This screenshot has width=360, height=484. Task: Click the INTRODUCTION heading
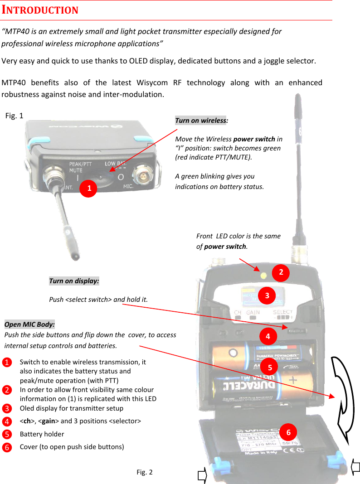[x=40, y=10]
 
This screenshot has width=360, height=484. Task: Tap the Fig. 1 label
[x=15, y=116]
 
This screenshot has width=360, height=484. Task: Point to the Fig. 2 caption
[x=145, y=472]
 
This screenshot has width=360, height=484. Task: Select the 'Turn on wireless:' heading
[x=201, y=121]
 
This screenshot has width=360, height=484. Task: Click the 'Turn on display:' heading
[x=74, y=281]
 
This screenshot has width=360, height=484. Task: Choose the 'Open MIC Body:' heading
[x=29, y=324]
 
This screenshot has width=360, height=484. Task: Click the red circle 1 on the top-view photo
[x=89, y=188]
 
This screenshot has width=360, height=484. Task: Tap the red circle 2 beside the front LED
[x=281, y=272]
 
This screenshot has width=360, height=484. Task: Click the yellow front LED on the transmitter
[x=263, y=275]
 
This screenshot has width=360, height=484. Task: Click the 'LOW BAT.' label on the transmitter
[x=116, y=164]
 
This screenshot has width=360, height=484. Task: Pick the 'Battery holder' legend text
[x=42, y=434]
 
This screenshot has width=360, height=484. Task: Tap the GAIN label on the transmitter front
[x=253, y=313]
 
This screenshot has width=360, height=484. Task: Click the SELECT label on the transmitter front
[x=282, y=312]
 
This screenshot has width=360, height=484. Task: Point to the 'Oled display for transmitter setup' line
[x=71, y=408]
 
